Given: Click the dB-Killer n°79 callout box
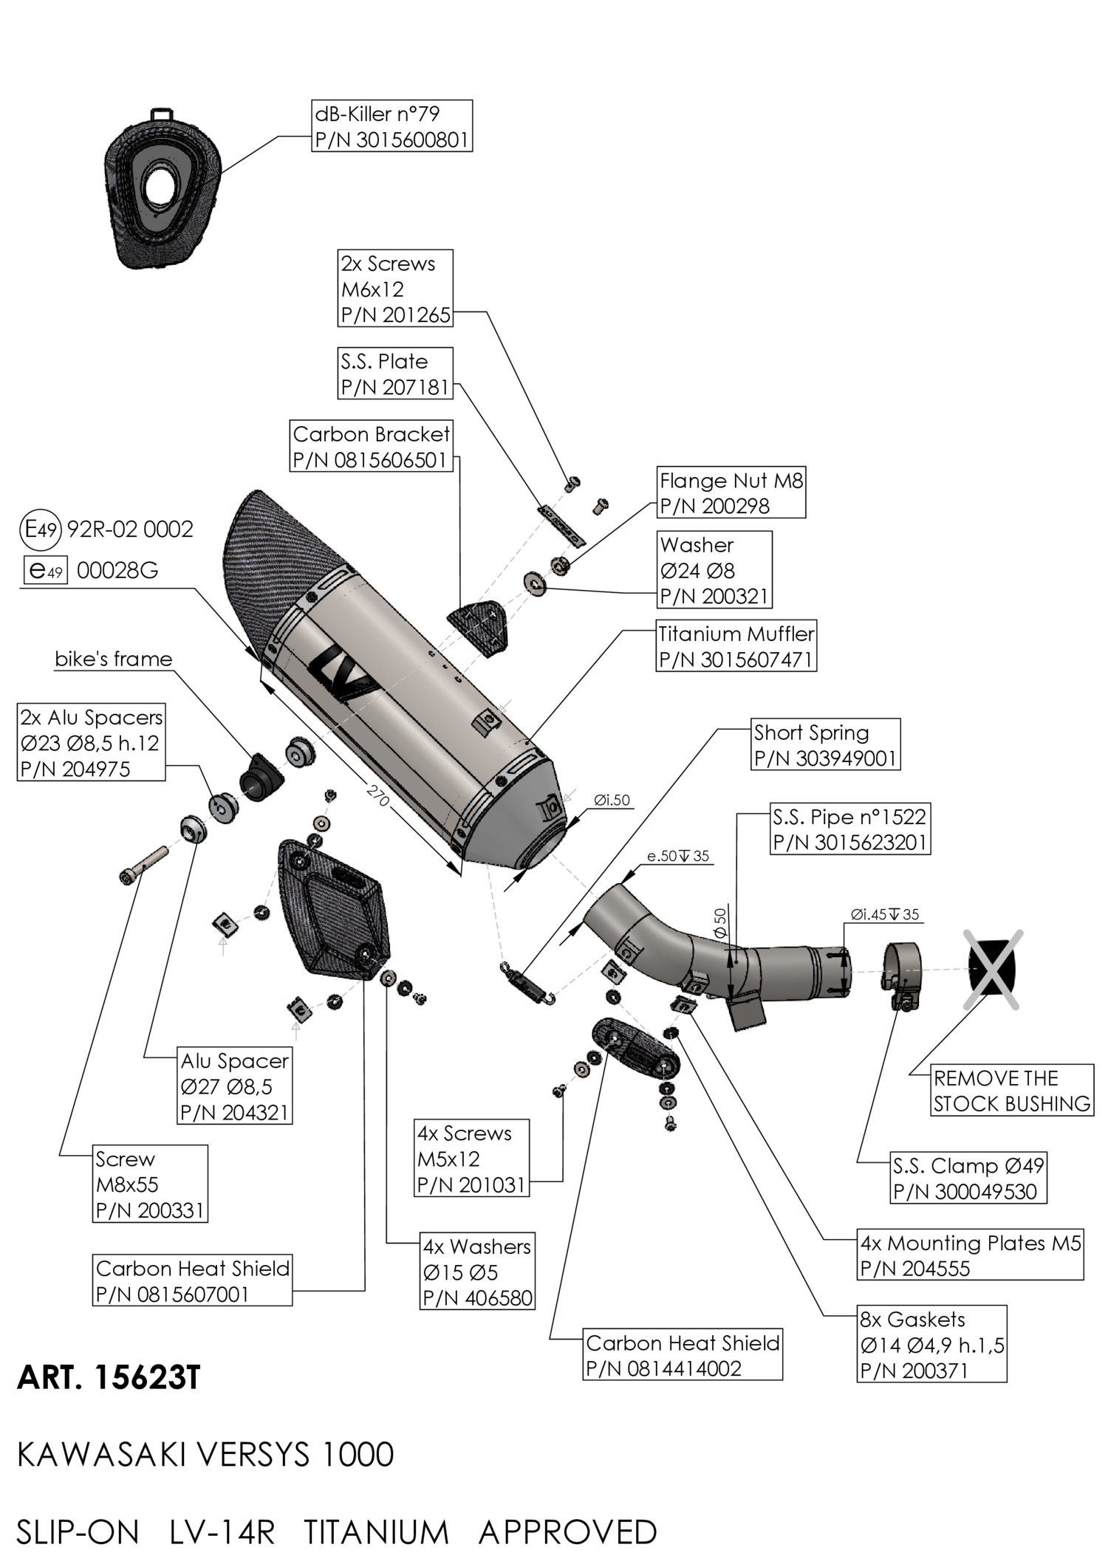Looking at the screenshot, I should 391,126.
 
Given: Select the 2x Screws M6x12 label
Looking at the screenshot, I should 394,289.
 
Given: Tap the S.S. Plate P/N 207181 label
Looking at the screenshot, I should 395,374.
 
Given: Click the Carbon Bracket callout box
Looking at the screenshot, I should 371,447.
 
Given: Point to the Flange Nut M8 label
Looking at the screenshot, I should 731,493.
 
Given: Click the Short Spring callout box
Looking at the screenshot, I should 825,744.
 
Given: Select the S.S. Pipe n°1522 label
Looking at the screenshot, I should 849,829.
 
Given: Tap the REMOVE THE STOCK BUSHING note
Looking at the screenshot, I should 1011,1090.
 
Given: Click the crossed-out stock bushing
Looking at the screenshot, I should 992,969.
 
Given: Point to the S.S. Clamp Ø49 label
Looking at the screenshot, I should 968,1178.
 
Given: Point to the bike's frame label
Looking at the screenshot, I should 114,659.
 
